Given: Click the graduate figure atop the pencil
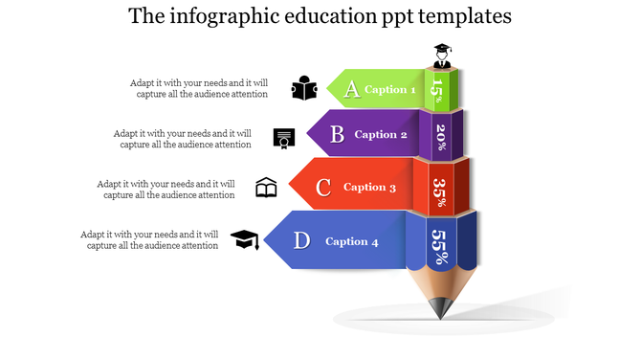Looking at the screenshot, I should (441, 56).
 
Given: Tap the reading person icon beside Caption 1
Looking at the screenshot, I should (304, 88).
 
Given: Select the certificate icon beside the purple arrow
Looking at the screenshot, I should (283, 139).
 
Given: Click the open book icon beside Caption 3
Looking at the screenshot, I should (266, 188).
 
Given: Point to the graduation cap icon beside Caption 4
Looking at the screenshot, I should (245, 239).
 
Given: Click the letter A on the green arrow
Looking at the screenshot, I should (352, 90).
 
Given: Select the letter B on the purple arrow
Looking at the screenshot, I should (337, 135).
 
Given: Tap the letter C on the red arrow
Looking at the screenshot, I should (323, 188).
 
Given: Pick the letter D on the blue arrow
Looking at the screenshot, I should (301, 240).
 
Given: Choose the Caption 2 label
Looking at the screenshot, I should (381, 135).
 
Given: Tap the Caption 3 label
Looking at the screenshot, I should (369, 188).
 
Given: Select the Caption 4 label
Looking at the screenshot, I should (352, 241).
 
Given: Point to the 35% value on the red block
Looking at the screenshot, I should (439, 186).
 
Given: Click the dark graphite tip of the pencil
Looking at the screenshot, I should (440, 309).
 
